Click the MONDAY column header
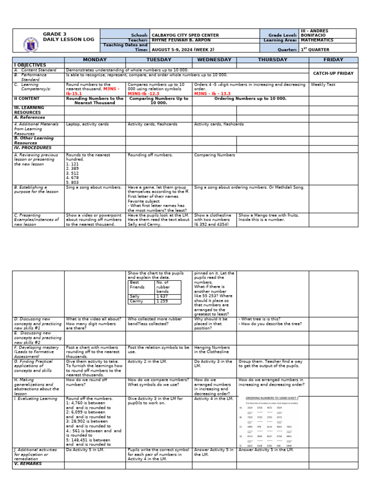point(94,60)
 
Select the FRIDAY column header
point(333,60)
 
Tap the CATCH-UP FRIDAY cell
point(333,73)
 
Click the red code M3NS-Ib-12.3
point(144,93)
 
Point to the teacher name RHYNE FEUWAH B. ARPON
point(181,40)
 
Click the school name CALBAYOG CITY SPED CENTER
point(185,35)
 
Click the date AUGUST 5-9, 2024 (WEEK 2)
point(181,49)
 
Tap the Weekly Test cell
point(322,84)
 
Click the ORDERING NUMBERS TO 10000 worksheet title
point(272,398)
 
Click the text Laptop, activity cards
point(87,124)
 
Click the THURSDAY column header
point(272,60)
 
